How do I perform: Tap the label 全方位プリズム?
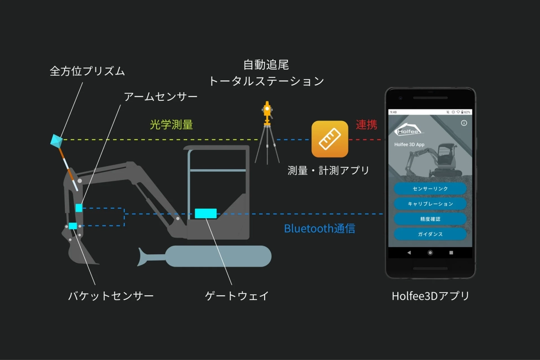tap(87, 71)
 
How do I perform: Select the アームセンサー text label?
tap(161, 97)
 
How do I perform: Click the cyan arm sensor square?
tap(79, 207)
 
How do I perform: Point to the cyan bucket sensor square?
tap(73, 225)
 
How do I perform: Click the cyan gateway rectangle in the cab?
tap(206, 213)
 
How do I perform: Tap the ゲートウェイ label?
tap(237, 296)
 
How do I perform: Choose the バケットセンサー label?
tap(111, 296)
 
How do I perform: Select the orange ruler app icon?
tap(330, 139)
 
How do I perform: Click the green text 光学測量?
tap(171, 125)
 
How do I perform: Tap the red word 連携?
tap(366, 125)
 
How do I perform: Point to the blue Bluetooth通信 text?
tap(319, 229)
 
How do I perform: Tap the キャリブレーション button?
tap(430, 204)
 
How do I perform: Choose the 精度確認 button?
tap(430, 219)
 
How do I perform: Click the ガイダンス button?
tap(430, 234)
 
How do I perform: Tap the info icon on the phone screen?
tap(464, 123)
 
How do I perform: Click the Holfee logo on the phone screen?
tap(409, 130)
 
